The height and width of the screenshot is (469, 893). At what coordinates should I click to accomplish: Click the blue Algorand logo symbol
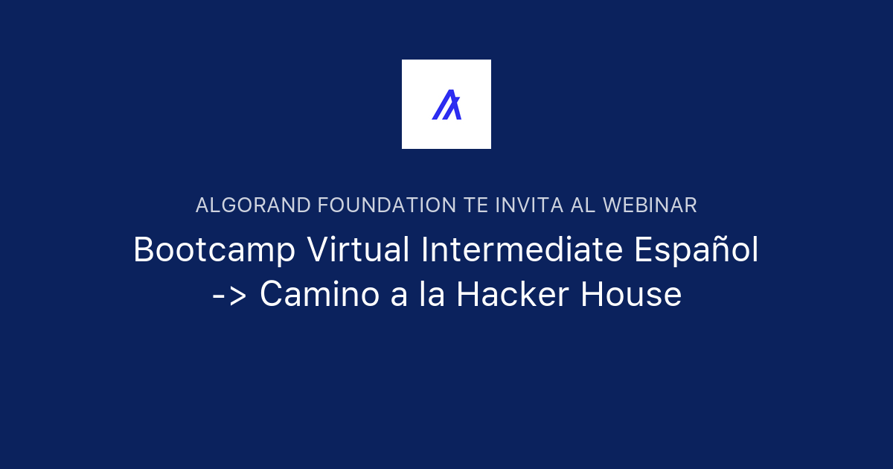446,104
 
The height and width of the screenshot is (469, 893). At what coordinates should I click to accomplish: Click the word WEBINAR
650,205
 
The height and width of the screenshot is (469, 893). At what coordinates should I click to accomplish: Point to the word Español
697,251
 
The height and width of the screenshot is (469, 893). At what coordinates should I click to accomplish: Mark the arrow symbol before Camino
229,296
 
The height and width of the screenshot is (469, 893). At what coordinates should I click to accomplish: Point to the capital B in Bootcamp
144,251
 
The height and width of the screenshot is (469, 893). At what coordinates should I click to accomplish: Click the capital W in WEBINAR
612,205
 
